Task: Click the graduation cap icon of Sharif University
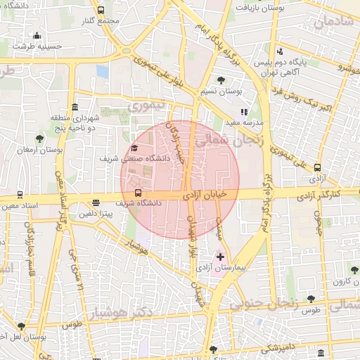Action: (134, 148)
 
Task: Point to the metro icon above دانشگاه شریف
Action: (137, 193)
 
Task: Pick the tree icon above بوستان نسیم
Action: (221, 80)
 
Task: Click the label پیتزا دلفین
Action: (96, 213)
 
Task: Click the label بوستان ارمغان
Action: (39, 150)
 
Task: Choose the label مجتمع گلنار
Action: (100, 20)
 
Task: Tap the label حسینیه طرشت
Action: (37, 46)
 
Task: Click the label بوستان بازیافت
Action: (266, 8)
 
